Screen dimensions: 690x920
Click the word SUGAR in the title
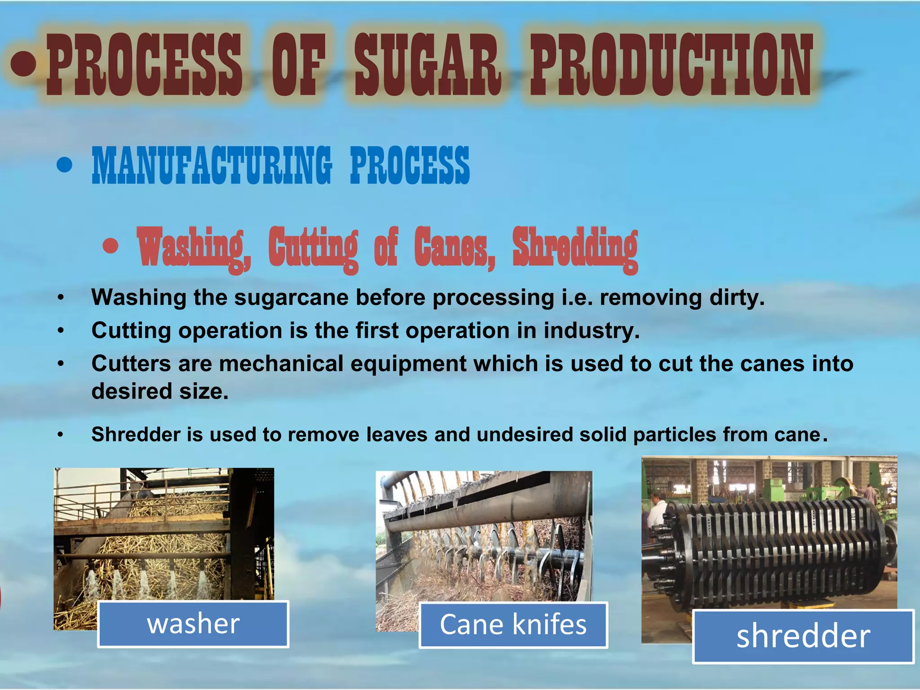tap(427, 65)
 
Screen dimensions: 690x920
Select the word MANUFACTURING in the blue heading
tap(212, 165)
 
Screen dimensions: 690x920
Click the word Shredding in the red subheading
tap(575, 248)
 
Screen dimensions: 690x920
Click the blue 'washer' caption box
tap(193, 624)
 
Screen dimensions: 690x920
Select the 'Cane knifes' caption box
tap(513, 625)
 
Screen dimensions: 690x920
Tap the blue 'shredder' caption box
tap(803, 636)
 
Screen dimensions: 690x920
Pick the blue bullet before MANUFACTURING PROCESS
tap(65, 165)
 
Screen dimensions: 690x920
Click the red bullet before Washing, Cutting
tap(111, 246)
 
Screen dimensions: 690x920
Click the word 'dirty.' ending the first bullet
tap(737, 297)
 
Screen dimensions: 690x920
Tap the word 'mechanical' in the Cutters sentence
tap(281, 363)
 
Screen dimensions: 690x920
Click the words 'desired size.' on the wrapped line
tap(160, 391)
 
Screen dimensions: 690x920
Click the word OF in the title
tap(298, 65)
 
